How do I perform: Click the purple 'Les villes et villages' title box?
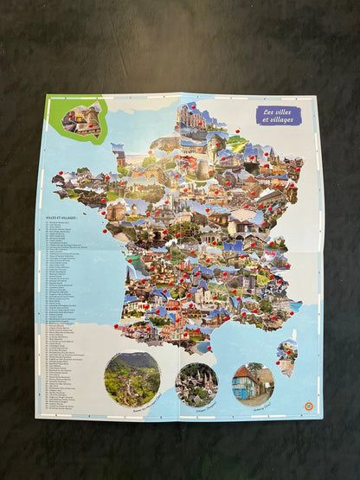pos(277,115)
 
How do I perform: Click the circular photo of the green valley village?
pos(132,379)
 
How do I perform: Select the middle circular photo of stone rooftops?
pos(196,384)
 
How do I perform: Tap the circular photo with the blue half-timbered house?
pos(253,384)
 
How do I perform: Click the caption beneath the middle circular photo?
pos(196,407)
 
